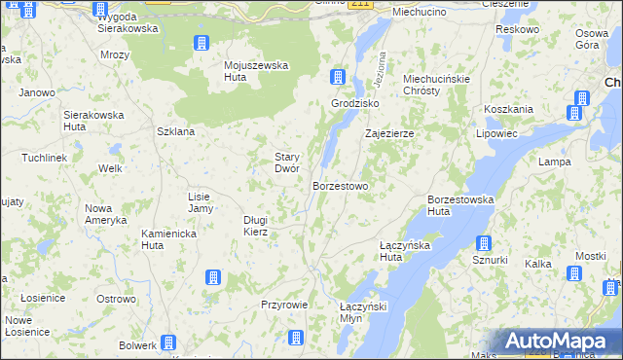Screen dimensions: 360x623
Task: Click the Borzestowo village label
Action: pyautogui.click(x=340, y=185)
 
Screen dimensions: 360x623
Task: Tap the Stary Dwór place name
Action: pyautogui.click(x=285, y=162)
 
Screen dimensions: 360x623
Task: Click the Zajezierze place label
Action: pyautogui.click(x=389, y=134)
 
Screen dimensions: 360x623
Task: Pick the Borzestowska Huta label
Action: pyautogui.click(x=460, y=205)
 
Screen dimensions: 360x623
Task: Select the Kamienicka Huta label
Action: pyautogui.click(x=169, y=240)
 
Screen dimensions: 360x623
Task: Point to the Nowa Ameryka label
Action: pyautogui.click(x=106, y=214)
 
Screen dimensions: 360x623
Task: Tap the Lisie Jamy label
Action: pyautogui.click(x=200, y=202)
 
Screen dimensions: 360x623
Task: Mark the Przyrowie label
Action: pyautogui.click(x=284, y=305)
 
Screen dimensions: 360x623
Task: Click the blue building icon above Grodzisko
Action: pyautogui.click(x=337, y=77)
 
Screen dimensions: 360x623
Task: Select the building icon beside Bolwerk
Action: pyautogui.click(x=168, y=342)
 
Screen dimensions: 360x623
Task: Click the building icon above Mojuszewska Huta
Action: pyautogui.click(x=201, y=43)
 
